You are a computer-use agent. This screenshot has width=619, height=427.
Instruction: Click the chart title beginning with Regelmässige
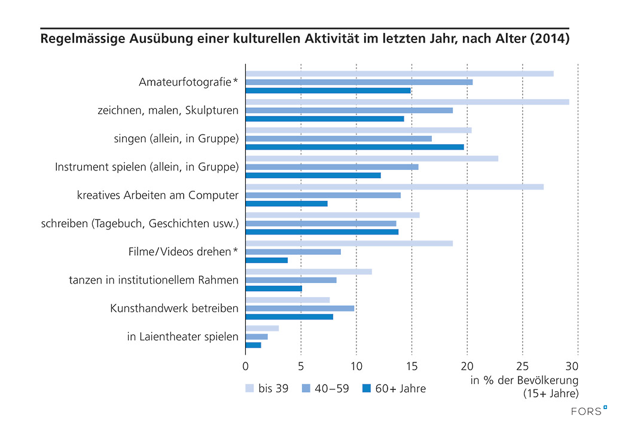click(304, 40)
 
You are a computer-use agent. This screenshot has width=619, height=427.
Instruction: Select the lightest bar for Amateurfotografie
click(400, 74)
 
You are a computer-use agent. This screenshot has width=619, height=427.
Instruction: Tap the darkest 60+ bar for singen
click(355, 147)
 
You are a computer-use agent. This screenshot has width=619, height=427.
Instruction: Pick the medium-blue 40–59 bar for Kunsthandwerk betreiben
click(300, 309)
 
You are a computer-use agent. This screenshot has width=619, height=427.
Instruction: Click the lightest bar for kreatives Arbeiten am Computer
click(395, 187)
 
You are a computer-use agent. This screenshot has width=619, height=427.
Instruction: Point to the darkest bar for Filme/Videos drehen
click(267, 260)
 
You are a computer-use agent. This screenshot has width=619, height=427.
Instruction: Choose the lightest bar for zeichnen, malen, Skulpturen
click(407, 102)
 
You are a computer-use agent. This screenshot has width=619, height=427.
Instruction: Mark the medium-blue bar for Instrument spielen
click(332, 167)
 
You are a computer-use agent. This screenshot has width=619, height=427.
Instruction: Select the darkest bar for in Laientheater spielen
click(254, 345)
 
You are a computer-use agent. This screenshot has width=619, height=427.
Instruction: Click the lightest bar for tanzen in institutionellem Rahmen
click(309, 272)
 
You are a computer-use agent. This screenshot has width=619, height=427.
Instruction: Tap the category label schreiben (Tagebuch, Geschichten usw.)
click(140, 224)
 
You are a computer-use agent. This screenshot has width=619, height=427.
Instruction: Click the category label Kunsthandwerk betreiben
click(175, 309)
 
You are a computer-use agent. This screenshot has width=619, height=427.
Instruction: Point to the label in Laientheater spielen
click(183, 337)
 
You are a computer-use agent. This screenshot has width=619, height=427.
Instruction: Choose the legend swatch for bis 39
click(249, 389)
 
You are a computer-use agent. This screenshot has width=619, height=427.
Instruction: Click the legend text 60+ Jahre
click(400, 389)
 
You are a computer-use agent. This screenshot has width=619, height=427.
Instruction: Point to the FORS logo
click(588, 411)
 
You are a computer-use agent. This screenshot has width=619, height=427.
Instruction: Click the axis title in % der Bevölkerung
click(524, 380)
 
